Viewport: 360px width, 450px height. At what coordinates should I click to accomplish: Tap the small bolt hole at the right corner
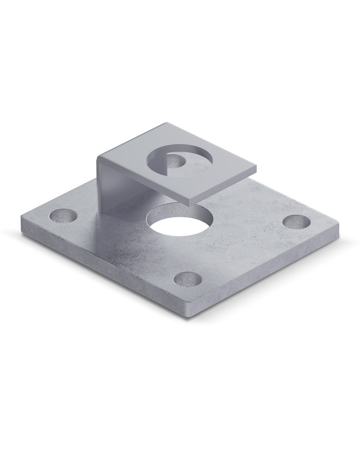pos(295,221)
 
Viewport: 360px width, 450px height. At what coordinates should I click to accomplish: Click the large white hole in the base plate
pos(180,221)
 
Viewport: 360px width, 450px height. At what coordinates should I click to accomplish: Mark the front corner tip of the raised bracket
pos(189,203)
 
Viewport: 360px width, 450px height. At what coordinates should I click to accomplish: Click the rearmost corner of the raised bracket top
pos(166,123)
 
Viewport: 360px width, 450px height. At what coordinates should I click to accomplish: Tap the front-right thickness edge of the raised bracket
pos(224,186)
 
